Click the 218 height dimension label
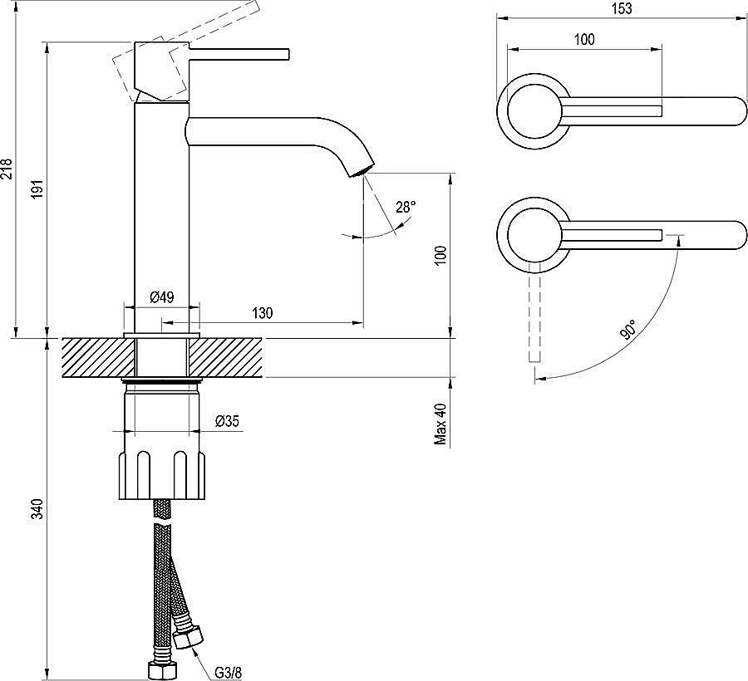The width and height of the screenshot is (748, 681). [7, 169]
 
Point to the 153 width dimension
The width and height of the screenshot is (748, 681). [622, 8]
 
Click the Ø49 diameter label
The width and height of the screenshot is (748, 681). [162, 298]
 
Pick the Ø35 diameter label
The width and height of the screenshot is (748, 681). [227, 421]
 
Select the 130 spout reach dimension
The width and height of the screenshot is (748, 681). [263, 313]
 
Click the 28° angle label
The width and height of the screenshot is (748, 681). [406, 208]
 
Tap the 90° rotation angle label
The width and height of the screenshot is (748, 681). [629, 330]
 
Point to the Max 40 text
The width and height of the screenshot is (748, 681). [440, 424]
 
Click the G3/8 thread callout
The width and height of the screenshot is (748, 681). [228, 673]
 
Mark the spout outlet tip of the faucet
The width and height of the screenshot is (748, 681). [362, 172]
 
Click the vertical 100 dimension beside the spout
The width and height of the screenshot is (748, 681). [440, 255]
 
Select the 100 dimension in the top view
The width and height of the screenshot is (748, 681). [584, 40]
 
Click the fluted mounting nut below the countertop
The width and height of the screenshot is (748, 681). [162, 476]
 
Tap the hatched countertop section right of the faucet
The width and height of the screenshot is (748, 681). [225, 357]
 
